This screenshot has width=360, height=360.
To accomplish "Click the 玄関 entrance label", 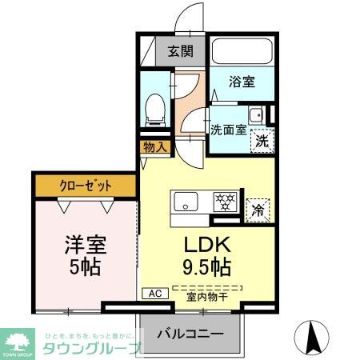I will (181, 53).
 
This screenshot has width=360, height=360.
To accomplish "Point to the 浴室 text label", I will (242, 81).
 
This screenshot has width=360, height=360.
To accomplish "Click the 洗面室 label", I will (228, 129).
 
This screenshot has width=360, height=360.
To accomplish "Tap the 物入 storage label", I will (154, 146).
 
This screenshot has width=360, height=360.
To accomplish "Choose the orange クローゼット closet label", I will (86, 186).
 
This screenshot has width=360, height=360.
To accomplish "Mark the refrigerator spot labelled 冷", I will (258, 210).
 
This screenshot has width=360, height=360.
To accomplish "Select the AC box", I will (154, 293).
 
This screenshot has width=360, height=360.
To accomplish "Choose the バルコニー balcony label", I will (189, 331).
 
